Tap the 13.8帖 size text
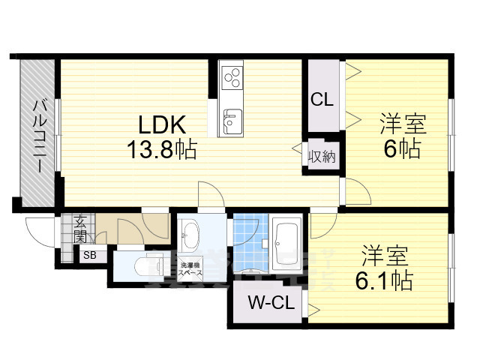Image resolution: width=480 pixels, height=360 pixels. tap(160, 150)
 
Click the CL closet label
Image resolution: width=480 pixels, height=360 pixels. tap(322, 98)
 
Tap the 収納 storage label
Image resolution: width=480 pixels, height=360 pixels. tap(322, 157)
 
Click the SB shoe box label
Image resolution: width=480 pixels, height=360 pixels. tap(90, 255)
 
